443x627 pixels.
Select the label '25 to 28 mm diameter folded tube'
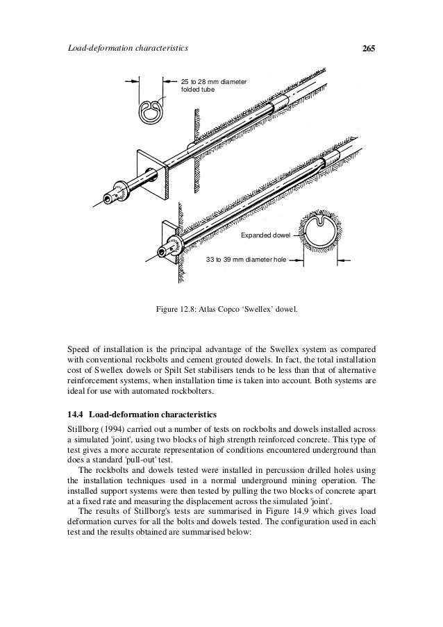point(213,87)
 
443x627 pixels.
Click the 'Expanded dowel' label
point(265,236)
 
